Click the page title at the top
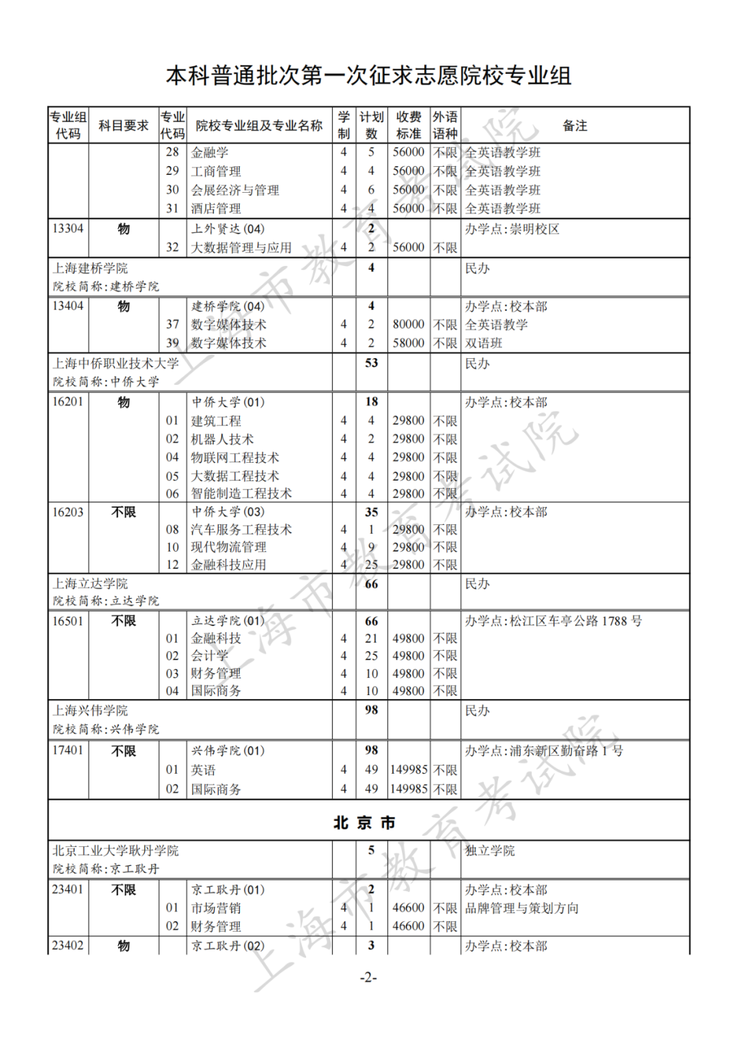point(368,76)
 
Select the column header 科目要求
point(123,126)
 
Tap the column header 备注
point(575,126)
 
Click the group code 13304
point(68,228)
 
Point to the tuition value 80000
point(408,325)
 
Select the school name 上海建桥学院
point(90,269)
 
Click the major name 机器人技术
point(222,439)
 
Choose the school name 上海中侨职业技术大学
point(115,364)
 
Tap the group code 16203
point(68,512)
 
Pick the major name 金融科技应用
point(228,565)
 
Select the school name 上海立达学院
point(90,584)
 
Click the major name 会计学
point(209,656)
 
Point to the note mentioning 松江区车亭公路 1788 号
point(553,621)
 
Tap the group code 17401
point(68,750)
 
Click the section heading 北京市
point(364,823)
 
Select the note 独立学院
point(490,851)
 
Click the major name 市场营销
point(215,908)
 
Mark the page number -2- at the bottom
point(368,977)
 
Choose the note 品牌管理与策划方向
point(522,908)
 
